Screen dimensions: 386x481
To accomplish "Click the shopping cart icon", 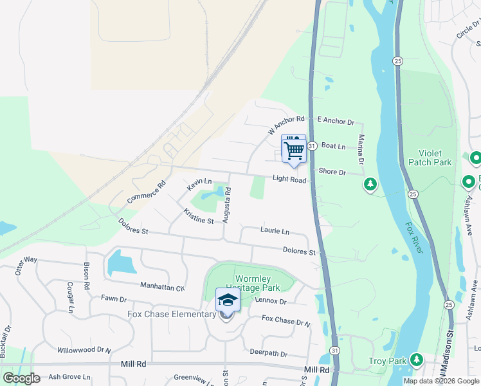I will click(x=294, y=150).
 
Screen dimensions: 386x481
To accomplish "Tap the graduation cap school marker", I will click(x=227, y=300).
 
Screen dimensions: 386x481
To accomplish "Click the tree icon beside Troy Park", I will click(x=417, y=359).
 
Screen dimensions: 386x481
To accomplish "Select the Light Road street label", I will click(x=289, y=179).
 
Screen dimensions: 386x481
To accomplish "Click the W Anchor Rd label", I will click(x=286, y=125).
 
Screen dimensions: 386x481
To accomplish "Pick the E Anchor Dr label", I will click(x=336, y=121).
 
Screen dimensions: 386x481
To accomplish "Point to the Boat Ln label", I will click(x=333, y=147).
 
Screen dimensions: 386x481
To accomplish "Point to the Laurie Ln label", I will click(x=275, y=230).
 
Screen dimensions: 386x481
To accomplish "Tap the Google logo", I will click(x=21, y=378).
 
